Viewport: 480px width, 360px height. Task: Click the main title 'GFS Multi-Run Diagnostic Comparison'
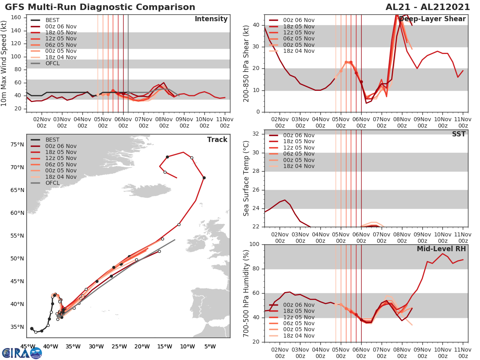click(100, 7)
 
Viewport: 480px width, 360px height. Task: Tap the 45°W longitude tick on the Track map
click(27, 346)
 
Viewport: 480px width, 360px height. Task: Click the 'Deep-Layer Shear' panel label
click(432, 19)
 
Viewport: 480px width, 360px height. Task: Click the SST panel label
click(459, 134)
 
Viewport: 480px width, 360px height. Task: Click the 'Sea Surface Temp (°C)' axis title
click(247, 178)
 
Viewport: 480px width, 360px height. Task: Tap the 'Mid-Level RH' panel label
click(441, 249)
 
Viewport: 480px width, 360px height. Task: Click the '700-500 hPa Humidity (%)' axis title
click(247, 293)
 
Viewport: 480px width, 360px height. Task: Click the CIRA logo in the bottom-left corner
click(22, 353)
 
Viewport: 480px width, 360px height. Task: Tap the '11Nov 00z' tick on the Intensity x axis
click(225, 122)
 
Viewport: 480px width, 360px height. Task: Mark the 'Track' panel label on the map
click(217, 140)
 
